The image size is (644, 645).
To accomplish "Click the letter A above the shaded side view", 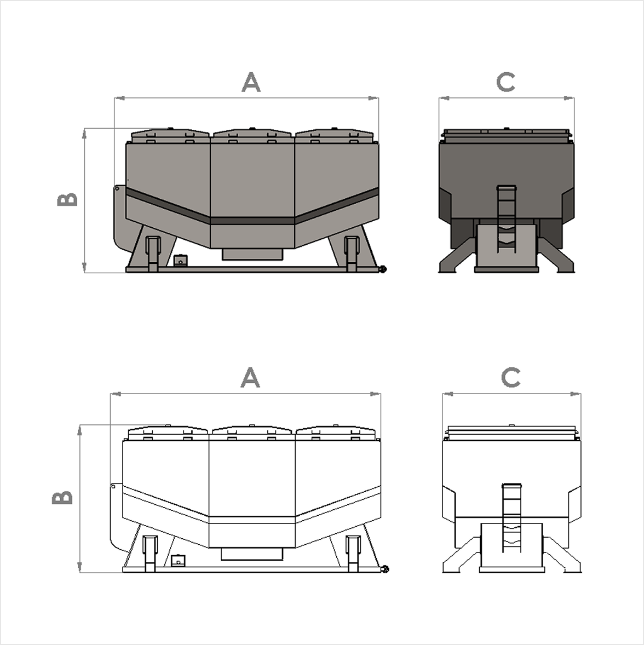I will (x=251, y=83).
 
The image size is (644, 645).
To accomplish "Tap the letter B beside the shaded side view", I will (x=68, y=199).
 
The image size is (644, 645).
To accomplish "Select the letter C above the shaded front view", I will (x=506, y=82).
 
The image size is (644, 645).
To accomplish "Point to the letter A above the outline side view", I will (x=250, y=377).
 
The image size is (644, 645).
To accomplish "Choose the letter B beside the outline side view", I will (x=63, y=498).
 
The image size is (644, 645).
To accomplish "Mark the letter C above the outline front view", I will (x=510, y=377).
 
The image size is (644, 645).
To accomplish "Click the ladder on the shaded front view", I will (x=507, y=219).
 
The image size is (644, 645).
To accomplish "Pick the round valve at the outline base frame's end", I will (x=386, y=569).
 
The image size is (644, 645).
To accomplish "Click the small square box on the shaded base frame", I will (x=180, y=261).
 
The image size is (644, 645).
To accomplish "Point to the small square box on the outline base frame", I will (x=177, y=561).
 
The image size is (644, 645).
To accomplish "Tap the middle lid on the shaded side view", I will (x=252, y=133).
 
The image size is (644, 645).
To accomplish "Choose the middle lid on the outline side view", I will (x=251, y=431).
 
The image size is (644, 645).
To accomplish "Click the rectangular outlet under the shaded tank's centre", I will (x=252, y=254).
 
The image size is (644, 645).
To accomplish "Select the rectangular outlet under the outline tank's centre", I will (x=252, y=554).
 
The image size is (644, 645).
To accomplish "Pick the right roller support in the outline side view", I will (x=353, y=552).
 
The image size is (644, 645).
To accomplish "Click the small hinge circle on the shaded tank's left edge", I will (x=117, y=188).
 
